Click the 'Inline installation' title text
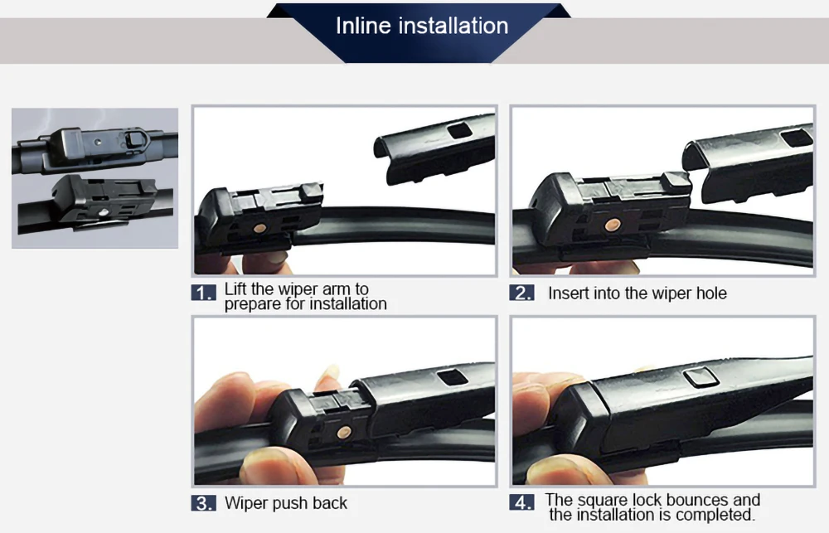[422, 26]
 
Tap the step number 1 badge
[204, 293]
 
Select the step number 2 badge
[521, 293]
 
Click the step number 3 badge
[204, 503]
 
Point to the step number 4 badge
[521, 502]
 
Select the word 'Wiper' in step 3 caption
[247, 503]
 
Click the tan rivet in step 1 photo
[260, 228]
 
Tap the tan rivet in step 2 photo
[613, 225]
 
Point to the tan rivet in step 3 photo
[344, 433]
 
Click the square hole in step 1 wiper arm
[459, 130]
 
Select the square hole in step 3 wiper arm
[452, 377]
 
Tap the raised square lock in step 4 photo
[701, 376]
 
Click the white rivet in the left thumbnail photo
[104, 212]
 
